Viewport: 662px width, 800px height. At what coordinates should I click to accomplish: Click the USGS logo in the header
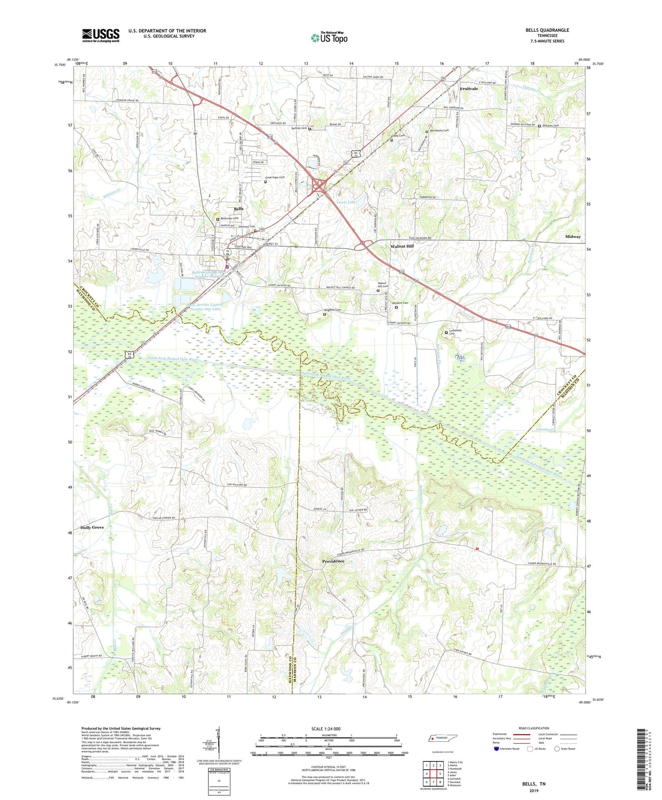pos(101,35)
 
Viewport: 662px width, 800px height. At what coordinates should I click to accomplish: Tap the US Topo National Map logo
pos(328,38)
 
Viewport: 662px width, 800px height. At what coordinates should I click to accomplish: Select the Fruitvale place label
pos(469,89)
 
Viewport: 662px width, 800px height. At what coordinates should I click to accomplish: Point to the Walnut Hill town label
pos(402,247)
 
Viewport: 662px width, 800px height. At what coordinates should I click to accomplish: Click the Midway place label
pos(573,237)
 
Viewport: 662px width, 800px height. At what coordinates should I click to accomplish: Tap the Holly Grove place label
pos(92,527)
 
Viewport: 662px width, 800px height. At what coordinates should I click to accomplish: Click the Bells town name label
pos(239,209)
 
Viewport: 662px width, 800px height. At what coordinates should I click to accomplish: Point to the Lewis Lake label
pos(346,202)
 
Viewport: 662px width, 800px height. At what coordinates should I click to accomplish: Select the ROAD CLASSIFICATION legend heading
pos(533,728)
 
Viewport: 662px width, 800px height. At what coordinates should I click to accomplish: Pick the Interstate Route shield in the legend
pos(497,749)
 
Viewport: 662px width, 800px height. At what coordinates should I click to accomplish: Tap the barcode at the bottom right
pos(641,760)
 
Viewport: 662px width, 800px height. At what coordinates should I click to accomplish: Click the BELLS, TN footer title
pos(533,784)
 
